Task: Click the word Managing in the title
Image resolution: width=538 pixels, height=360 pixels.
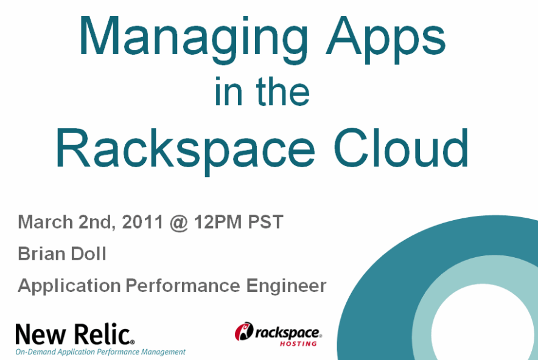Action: (194, 39)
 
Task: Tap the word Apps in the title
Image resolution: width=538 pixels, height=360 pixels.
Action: (386, 39)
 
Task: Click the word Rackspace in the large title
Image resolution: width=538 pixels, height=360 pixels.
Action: (185, 151)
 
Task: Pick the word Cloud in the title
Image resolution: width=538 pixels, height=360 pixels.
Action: (400, 148)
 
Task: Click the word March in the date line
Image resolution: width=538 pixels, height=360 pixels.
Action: (45, 222)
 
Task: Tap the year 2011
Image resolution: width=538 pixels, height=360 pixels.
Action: (142, 222)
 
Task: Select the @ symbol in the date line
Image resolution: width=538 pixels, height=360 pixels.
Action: (178, 223)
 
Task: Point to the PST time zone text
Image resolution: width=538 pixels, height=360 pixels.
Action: (265, 222)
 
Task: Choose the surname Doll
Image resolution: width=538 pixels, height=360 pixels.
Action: (88, 254)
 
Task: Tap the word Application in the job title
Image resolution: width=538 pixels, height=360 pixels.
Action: (69, 286)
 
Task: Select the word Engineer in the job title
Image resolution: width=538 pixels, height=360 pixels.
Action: (286, 286)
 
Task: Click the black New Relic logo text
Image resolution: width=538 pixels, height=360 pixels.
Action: (75, 334)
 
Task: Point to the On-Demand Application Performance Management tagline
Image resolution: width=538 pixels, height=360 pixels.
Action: (100, 352)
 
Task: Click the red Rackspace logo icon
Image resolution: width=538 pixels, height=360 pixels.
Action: (244, 331)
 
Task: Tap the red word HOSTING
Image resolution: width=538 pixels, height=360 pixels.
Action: (298, 344)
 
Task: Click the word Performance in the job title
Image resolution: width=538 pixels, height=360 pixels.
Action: (183, 286)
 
